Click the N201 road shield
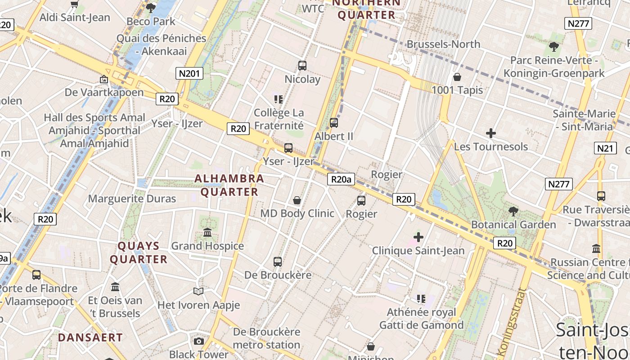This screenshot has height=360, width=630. click(189, 73)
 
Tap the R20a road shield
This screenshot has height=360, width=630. click(341, 180)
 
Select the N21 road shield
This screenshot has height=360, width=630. click(605, 148)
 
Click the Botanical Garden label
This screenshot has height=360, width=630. click(513, 225)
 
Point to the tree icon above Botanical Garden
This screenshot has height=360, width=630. click(513, 211)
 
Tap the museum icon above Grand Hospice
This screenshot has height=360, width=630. click(207, 233)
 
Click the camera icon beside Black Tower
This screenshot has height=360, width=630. click(198, 341)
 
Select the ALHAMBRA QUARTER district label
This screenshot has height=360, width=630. click(229, 185)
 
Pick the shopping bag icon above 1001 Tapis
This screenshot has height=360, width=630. click(457, 77)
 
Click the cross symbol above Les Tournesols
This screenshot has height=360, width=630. click(491, 133)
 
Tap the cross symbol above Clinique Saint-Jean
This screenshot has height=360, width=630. click(418, 237)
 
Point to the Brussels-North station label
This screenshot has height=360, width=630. click(443, 44)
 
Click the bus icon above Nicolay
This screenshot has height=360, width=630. click(302, 66)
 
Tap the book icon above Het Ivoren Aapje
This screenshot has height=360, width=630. click(198, 291)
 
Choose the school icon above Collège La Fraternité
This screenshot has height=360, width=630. click(279, 99)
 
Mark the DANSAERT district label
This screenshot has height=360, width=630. click(90, 337)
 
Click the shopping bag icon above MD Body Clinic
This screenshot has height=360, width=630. click(297, 200)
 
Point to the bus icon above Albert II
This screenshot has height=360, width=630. click(334, 123)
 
